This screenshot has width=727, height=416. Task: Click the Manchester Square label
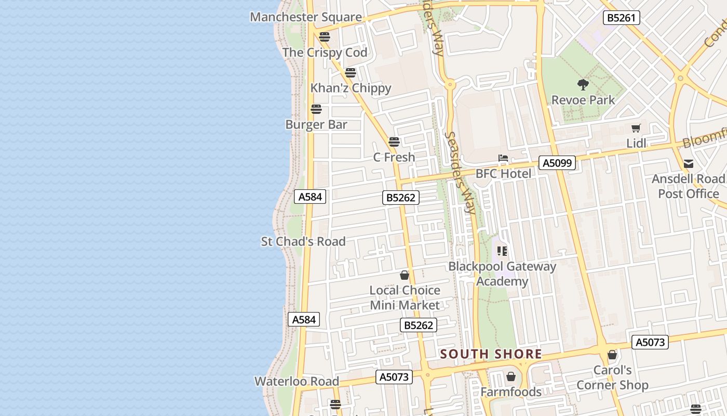(306, 17)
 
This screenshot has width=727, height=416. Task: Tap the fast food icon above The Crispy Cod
(325, 37)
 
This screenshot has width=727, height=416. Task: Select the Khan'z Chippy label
(351, 88)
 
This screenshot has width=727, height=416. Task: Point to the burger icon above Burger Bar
(316, 109)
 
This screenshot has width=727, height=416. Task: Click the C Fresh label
(394, 157)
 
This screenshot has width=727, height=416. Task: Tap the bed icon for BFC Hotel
(503, 158)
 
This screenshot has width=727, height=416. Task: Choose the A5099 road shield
(557, 163)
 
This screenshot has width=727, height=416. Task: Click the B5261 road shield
(621, 18)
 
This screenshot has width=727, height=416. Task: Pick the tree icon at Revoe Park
(583, 84)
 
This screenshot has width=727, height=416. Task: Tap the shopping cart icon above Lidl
(636, 128)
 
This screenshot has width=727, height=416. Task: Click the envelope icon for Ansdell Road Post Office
(689, 164)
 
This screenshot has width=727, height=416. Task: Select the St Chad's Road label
(303, 241)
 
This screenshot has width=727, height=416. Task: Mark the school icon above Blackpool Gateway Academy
(502, 251)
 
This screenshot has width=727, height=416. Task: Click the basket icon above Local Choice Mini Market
(405, 275)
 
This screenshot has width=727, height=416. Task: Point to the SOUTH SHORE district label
(491, 355)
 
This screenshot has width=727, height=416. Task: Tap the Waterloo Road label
(297, 381)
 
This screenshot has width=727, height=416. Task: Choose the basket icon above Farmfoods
(511, 376)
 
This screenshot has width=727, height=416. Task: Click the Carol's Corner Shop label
(612, 378)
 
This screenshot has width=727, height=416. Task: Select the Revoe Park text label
(583, 100)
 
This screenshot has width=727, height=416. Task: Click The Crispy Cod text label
(325, 53)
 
